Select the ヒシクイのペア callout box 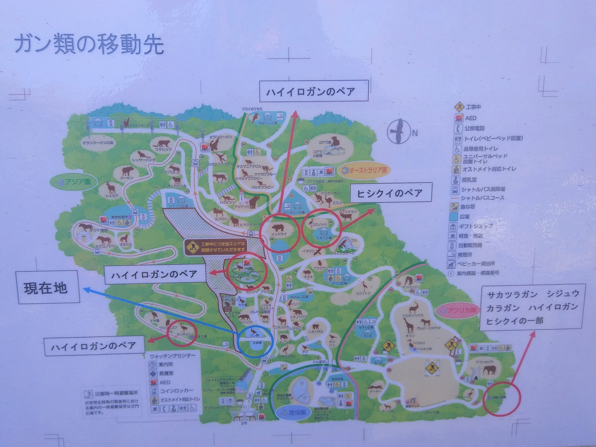click(391, 193)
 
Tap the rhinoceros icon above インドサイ click(278, 228)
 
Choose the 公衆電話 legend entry click(470, 128)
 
